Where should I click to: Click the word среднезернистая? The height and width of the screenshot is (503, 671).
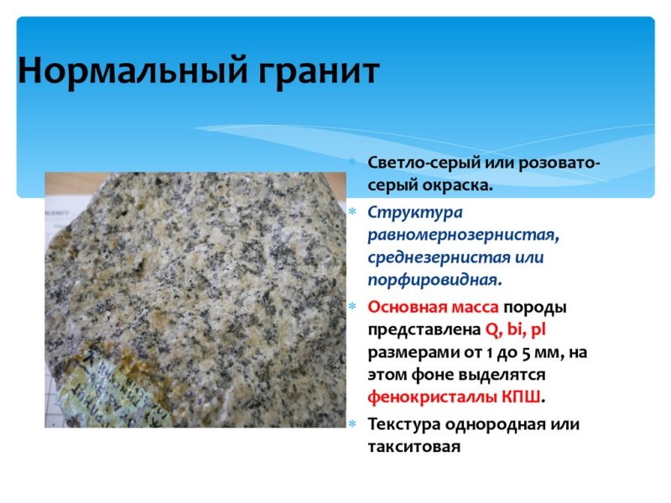(435, 257)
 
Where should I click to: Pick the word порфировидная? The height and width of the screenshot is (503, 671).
(434, 279)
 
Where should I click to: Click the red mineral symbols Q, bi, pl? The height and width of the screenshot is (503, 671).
(516, 329)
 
